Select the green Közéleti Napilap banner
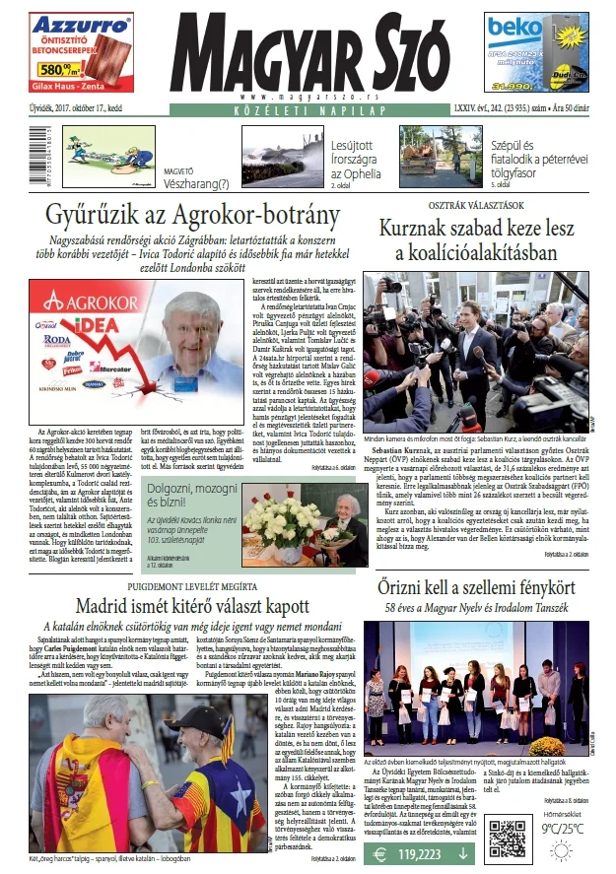pos(308,111)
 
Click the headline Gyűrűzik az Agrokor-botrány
pos(188,215)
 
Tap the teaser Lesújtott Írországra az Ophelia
pos(356,160)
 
